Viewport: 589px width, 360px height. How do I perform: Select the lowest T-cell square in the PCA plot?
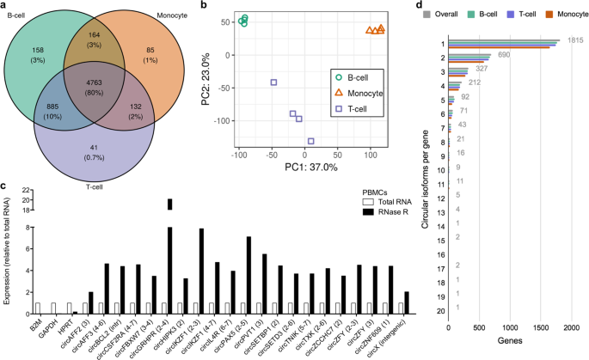(x=310, y=141)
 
